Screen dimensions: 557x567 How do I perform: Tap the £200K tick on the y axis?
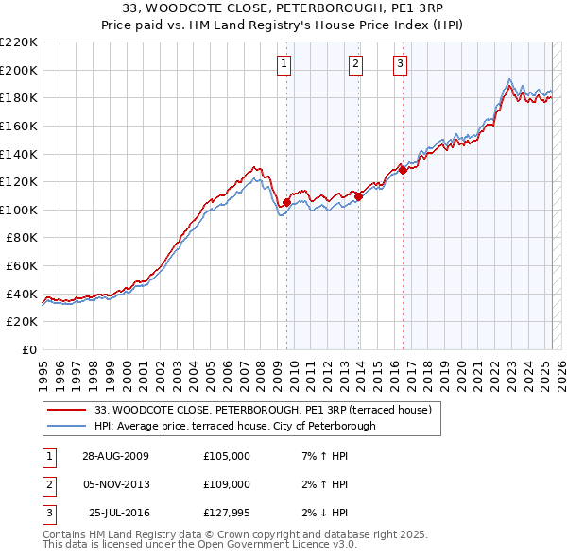point(19,70)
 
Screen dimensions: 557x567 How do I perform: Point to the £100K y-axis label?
point(19,210)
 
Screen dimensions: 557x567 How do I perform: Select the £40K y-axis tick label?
point(22,294)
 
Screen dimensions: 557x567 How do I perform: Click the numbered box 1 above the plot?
point(284,64)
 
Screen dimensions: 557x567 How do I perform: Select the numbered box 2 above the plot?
point(355,64)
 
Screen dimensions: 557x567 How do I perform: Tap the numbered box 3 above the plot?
point(400,64)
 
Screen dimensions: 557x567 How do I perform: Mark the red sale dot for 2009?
point(286,202)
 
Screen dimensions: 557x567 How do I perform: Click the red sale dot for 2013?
point(359,197)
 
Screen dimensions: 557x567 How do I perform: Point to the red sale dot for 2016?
point(403,171)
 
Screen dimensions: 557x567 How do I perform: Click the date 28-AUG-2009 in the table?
point(116,456)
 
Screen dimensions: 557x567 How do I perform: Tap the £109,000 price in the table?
point(227,484)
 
